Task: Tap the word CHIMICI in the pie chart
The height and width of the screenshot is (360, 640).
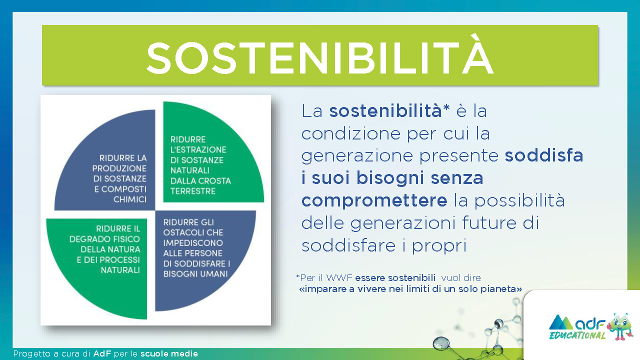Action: (x=130, y=199)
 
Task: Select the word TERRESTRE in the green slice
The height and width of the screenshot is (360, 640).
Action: (x=193, y=191)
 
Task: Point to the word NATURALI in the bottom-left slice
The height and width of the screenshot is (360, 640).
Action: (x=120, y=270)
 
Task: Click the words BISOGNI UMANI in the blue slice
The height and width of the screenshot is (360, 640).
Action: (x=195, y=274)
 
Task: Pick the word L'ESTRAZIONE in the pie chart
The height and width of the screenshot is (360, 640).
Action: (x=198, y=149)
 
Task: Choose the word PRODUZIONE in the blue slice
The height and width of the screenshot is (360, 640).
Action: (x=119, y=168)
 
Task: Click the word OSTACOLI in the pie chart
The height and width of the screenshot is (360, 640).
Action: (x=179, y=232)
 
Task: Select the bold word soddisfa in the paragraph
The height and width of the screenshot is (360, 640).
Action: (x=543, y=155)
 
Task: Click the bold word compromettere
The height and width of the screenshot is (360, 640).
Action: (x=374, y=200)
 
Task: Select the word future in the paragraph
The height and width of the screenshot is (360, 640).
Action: (x=489, y=223)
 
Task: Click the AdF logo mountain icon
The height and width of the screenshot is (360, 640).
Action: (x=560, y=322)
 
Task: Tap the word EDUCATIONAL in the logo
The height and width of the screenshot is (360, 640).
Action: (x=577, y=335)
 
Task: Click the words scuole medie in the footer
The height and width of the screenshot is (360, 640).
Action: (x=169, y=353)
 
